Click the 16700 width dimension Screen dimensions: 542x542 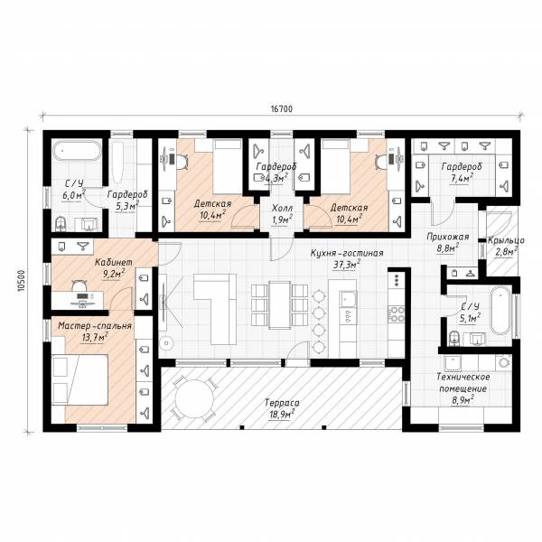point(281,109)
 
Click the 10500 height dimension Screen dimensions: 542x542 point(22,281)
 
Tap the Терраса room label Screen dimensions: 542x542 point(282,403)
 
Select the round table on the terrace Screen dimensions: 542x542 point(194,399)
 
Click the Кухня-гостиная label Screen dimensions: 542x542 point(347,253)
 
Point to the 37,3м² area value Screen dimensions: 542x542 point(346,265)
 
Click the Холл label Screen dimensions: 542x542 point(282,208)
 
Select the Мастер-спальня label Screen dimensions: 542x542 point(95,325)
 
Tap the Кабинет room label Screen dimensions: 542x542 point(114,262)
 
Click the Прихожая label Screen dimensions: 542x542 point(448,237)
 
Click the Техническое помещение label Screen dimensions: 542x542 point(463,382)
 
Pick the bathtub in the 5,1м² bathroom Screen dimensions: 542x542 point(501,310)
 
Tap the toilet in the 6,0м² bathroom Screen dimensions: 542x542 point(61,224)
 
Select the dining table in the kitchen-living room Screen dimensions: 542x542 point(280,305)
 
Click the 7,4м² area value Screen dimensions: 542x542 point(461,179)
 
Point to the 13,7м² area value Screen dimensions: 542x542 point(95,337)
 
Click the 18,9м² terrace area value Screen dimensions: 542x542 point(281,414)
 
